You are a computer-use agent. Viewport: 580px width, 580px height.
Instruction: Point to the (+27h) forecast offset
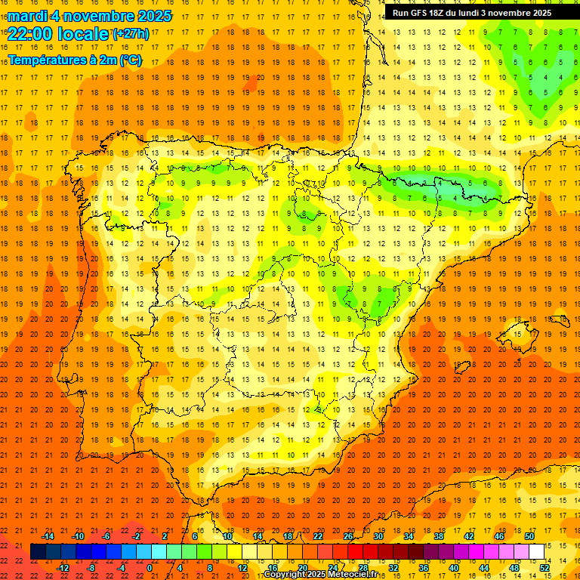pos(131,33)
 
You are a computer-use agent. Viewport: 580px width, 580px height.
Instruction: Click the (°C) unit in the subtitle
pos(131,59)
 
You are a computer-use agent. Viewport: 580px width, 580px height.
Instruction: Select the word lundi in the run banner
pos(474,13)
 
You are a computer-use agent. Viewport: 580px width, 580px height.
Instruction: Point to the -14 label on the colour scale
pos(48,535)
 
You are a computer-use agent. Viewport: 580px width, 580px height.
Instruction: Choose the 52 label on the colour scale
pos(545,567)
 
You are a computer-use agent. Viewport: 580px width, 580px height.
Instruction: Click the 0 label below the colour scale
pos(149,567)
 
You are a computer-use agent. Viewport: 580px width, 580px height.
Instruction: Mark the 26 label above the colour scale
pos(348,535)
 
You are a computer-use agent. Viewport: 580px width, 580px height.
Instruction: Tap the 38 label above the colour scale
pos(439,535)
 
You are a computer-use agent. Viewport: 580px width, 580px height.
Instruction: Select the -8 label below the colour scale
pos(90,567)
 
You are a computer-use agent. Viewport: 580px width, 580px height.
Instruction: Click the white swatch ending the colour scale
pos(536,551)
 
